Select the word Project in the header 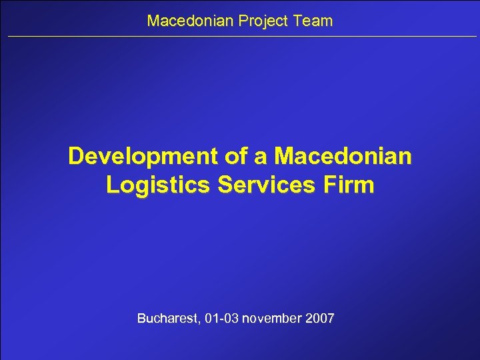tap(257, 21)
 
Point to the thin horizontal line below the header tap(240, 37)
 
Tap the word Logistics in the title tap(151, 185)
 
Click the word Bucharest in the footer tap(166, 319)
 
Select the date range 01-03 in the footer tap(221, 319)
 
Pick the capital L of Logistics tap(112, 185)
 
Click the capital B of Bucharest tap(141, 319)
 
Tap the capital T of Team tap(295, 21)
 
